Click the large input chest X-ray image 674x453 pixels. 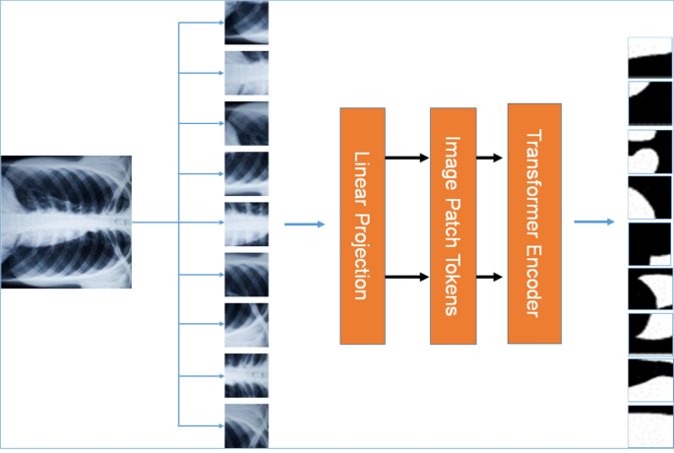pyautogui.click(x=66, y=222)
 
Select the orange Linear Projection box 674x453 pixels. pyautogui.click(x=362, y=226)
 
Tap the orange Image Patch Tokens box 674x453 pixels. pyautogui.click(x=453, y=226)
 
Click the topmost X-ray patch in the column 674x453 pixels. pyautogui.click(x=246, y=23)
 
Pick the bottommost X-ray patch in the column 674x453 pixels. pyautogui.click(x=246, y=426)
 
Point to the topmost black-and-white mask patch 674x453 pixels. pyautogui.click(x=649, y=57)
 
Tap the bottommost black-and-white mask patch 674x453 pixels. pyautogui.click(x=649, y=425)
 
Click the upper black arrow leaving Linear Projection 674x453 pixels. pyautogui.click(x=407, y=157)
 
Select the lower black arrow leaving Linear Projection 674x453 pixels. pyautogui.click(x=407, y=278)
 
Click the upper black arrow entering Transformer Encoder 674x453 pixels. pyautogui.click(x=490, y=157)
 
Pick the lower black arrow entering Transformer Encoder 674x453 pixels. pyautogui.click(x=490, y=278)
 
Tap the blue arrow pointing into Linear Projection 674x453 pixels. pyautogui.click(x=304, y=225)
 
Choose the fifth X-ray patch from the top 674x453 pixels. pyautogui.click(x=246, y=225)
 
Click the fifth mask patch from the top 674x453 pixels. pyautogui.click(x=649, y=243)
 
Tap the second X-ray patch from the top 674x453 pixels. pyautogui.click(x=246, y=73)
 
